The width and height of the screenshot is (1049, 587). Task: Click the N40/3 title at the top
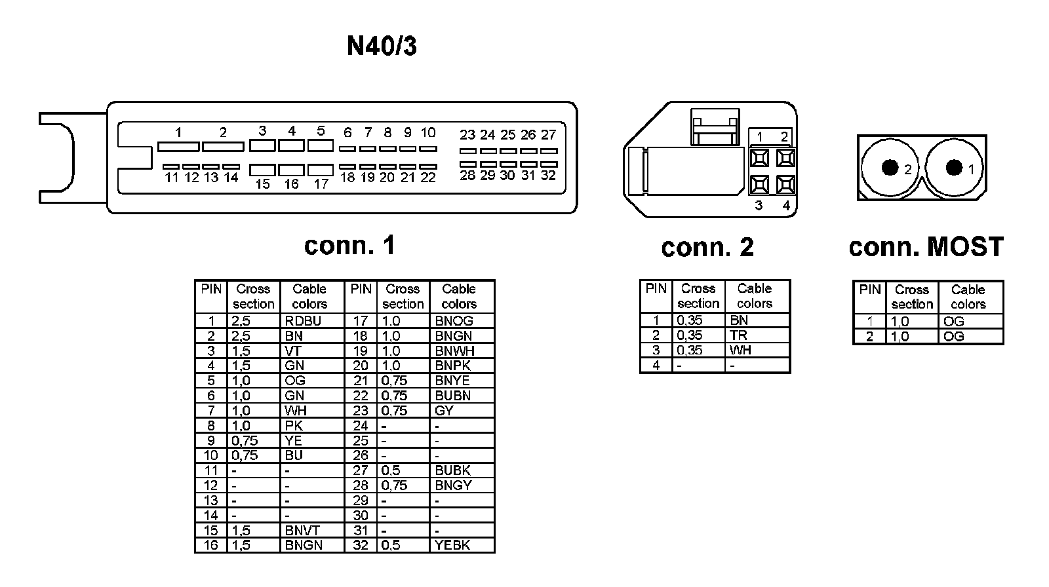[382, 47]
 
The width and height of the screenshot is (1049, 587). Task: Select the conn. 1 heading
[349, 246]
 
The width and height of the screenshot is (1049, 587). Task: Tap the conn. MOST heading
[926, 247]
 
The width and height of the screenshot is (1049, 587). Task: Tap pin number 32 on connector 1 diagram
[548, 176]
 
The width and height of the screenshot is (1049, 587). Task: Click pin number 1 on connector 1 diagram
[178, 132]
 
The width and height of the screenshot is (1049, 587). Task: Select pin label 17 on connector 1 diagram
[321, 184]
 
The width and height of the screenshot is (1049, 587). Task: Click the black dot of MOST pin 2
[890, 168]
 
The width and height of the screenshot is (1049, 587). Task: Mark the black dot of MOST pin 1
[954, 167]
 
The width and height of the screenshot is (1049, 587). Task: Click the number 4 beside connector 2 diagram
[786, 206]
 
